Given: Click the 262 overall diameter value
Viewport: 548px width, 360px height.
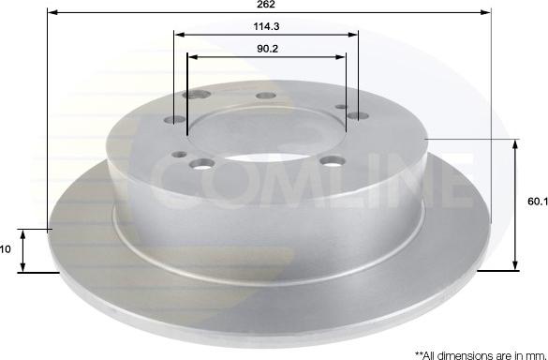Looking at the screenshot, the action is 266,4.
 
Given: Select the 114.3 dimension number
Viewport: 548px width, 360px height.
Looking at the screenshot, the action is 266,26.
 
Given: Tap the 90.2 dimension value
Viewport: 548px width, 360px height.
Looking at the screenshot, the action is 267,49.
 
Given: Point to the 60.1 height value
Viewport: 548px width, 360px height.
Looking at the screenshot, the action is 538,202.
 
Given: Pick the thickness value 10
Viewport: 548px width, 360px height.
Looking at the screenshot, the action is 6,249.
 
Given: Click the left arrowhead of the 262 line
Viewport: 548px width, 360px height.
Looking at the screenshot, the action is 52,12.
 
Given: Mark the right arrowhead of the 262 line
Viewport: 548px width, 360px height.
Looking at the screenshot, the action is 486,12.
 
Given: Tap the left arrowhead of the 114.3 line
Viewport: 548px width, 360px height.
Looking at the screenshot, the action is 179,35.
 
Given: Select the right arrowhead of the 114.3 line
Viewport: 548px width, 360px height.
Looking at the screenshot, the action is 352,35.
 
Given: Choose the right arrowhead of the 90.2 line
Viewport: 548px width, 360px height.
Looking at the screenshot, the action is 340,57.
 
